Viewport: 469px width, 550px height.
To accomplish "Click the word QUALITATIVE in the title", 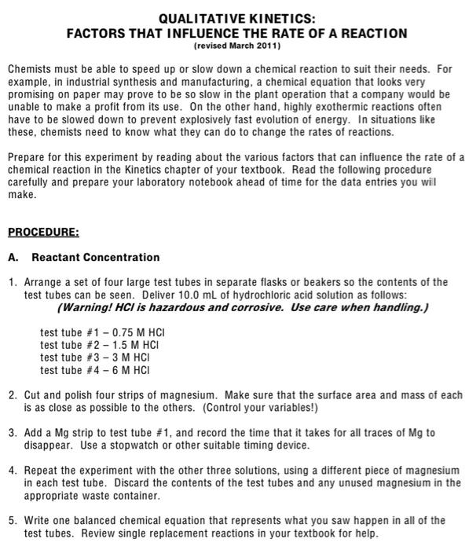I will click(x=198, y=18).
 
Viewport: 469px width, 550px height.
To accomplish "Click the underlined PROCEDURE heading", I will click(x=43, y=233).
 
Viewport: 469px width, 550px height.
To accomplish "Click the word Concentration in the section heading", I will click(x=125, y=258).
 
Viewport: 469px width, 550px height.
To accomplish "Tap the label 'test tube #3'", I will click(x=68, y=357).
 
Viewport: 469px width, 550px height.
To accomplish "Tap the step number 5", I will click(x=12, y=521).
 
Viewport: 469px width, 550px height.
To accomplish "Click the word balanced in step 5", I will click(x=98, y=521).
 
